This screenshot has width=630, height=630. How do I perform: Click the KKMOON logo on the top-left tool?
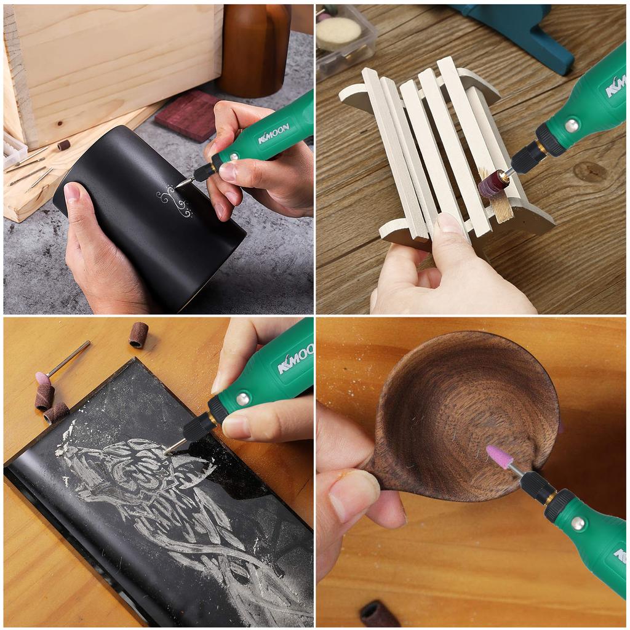[274, 133]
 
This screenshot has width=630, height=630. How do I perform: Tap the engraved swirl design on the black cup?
[175, 202]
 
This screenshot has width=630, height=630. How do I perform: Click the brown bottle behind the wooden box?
[254, 49]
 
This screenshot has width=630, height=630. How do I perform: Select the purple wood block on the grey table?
[187, 114]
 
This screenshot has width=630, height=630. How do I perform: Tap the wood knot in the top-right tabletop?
[591, 172]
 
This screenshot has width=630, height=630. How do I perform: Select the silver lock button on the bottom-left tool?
[242, 399]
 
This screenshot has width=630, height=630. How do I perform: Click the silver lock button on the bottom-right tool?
[578, 523]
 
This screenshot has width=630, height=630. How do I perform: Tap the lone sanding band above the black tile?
[138, 335]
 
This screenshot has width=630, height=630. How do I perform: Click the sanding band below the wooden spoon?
[379, 613]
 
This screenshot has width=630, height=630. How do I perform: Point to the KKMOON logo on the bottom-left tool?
[296, 359]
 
